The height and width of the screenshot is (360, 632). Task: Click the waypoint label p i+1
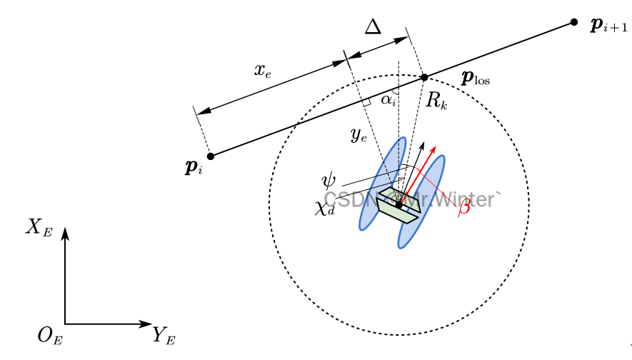click(x=608, y=26)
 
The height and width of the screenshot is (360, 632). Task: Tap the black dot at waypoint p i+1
click(x=574, y=23)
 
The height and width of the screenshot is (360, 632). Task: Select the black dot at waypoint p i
click(x=210, y=156)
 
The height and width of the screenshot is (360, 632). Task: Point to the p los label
click(x=476, y=77)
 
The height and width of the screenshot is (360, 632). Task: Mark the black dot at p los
click(x=423, y=77)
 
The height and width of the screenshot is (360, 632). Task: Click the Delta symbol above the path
click(x=373, y=27)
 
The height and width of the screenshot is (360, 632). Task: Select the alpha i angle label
click(x=388, y=100)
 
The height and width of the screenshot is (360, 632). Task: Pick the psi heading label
click(x=329, y=177)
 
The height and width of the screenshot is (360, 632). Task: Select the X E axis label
click(x=39, y=227)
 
